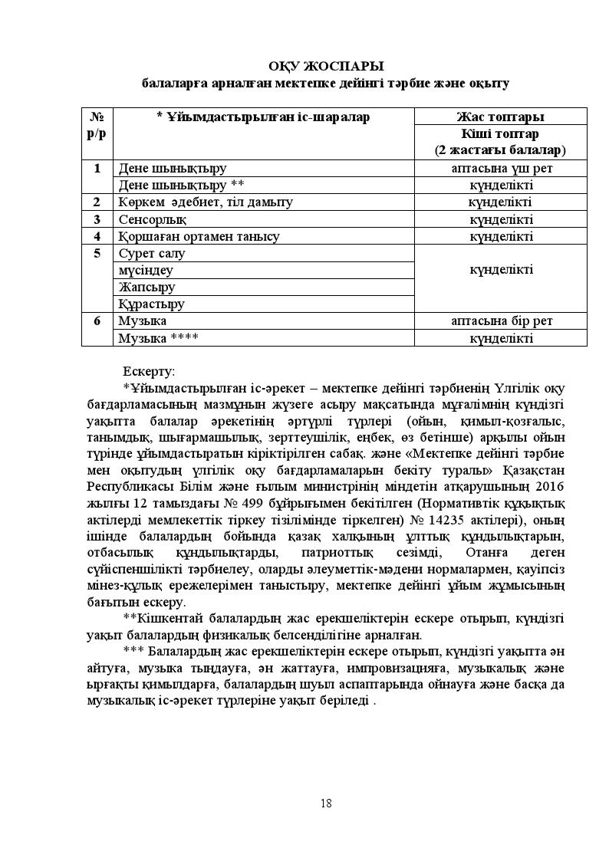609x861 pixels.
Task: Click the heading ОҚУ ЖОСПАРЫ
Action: (326, 67)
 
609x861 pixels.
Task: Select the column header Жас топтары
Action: (500, 117)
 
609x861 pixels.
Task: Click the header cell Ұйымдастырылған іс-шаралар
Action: (263, 117)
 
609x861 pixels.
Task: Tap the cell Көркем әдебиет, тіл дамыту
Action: (206, 202)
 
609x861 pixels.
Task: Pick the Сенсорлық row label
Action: (147, 219)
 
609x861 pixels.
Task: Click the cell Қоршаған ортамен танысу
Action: (199, 236)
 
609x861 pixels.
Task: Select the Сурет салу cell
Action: (152, 253)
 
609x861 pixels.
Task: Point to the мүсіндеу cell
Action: (146, 270)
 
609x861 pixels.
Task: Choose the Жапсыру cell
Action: (146, 287)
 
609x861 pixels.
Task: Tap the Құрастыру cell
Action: (151, 304)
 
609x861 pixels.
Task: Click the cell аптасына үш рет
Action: (501, 168)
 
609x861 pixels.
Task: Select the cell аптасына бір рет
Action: (501, 320)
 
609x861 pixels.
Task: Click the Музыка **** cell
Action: (158, 337)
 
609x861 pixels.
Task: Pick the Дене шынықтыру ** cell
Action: (181, 185)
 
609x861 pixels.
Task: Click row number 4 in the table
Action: (97, 236)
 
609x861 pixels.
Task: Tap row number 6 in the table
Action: (97, 320)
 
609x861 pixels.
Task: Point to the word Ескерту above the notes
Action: (149, 371)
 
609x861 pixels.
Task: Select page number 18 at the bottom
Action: (326, 803)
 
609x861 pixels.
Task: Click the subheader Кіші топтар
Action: (500, 133)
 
